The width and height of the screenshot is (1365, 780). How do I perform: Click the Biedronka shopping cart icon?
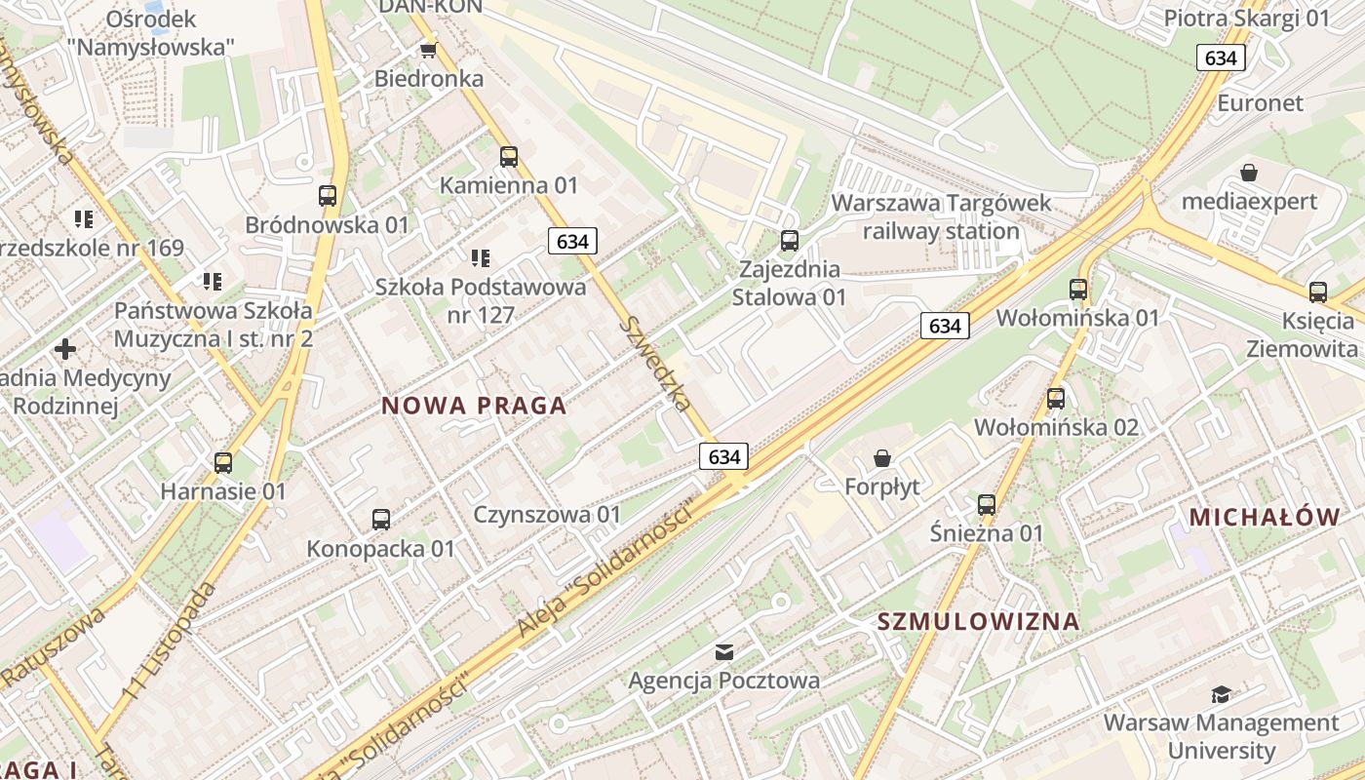click(x=427, y=50)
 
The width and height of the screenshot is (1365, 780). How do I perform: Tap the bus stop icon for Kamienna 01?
click(x=508, y=156)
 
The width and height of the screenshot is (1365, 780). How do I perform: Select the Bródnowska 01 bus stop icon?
click(x=328, y=195)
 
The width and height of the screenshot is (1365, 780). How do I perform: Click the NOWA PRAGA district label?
click(x=474, y=406)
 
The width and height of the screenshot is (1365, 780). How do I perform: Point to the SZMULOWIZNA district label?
click(x=978, y=621)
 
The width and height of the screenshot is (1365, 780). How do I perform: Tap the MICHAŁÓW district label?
click(x=1265, y=517)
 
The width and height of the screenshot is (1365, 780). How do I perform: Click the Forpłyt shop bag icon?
click(x=882, y=457)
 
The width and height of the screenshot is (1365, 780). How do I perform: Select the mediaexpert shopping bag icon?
click(x=1248, y=173)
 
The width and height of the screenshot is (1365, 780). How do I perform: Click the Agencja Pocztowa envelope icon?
click(x=724, y=651)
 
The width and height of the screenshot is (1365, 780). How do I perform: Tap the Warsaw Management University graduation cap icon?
click(x=1220, y=694)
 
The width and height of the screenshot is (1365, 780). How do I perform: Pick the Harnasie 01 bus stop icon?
click(x=223, y=462)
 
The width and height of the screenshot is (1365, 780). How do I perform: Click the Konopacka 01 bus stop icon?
click(x=380, y=520)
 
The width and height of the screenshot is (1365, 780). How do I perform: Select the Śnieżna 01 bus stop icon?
click(x=987, y=504)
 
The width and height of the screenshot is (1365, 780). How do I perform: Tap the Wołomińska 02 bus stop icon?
click(x=1056, y=398)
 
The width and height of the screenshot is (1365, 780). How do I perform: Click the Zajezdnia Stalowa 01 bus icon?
click(x=789, y=240)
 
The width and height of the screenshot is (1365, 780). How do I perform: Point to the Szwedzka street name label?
click(x=659, y=363)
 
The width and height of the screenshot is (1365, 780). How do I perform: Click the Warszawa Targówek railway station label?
click(x=941, y=216)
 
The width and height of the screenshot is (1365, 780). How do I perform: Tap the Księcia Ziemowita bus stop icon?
click(x=1317, y=292)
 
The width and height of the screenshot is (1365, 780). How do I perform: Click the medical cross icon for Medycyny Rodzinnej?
click(x=65, y=348)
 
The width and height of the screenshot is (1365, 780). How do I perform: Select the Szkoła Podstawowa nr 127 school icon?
click(x=480, y=258)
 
